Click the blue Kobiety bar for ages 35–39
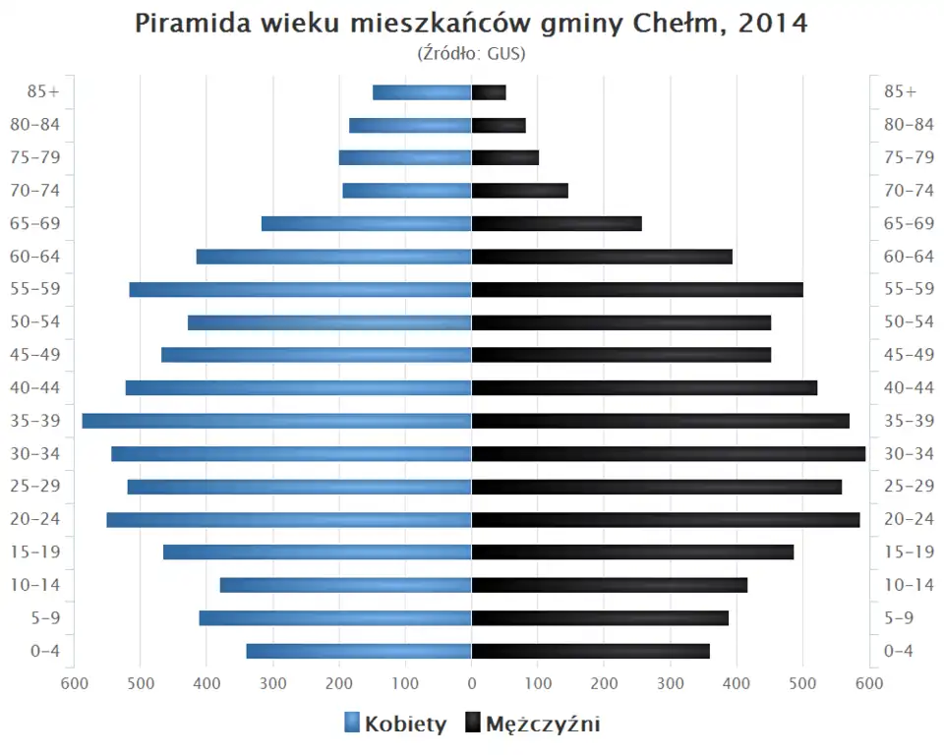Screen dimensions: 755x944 point(277,421)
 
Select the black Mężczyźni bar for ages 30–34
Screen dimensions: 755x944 point(669,453)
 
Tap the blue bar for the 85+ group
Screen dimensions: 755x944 point(422,92)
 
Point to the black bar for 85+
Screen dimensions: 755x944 point(489,92)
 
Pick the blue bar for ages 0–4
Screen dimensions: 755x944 point(359,651)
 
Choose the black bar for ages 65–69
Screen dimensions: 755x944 point(557,223)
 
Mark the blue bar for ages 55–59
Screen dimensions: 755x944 point(300,289)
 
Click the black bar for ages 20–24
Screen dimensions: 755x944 point(666,519)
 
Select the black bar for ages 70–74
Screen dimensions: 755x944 point(520,191)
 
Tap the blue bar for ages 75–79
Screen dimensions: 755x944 point(405,157)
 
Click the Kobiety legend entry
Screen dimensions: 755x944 point(395,725)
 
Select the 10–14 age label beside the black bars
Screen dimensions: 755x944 point(909,585)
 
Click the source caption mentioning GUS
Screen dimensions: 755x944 point(472,53)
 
